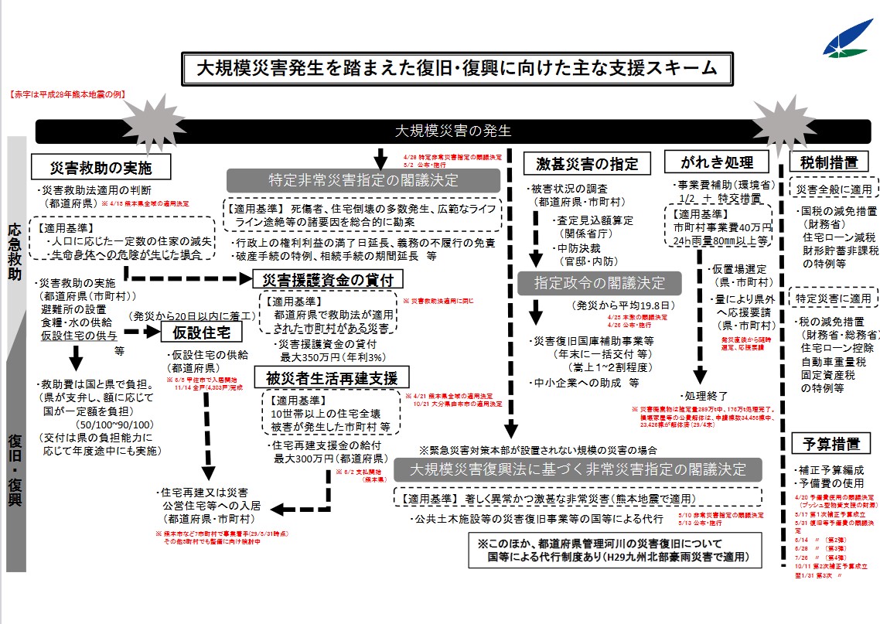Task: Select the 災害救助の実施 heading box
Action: pyautogui.click(x=101, y=167)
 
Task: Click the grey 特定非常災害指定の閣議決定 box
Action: pyautogui.click(x=363, y=180)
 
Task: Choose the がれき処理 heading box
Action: pyautogui.click(x=715, y=162)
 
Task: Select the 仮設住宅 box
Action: pyautogui.click(x=202, y=332)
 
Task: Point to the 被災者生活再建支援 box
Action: pyautogui.click(x=331, y=378)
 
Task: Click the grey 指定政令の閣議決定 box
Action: pyautogui.click(x=599, y=282)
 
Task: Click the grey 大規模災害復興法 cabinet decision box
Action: pyautogui.click(x=578, y=469)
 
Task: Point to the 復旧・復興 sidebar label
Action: pyautogui.click(x=15, y=472)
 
